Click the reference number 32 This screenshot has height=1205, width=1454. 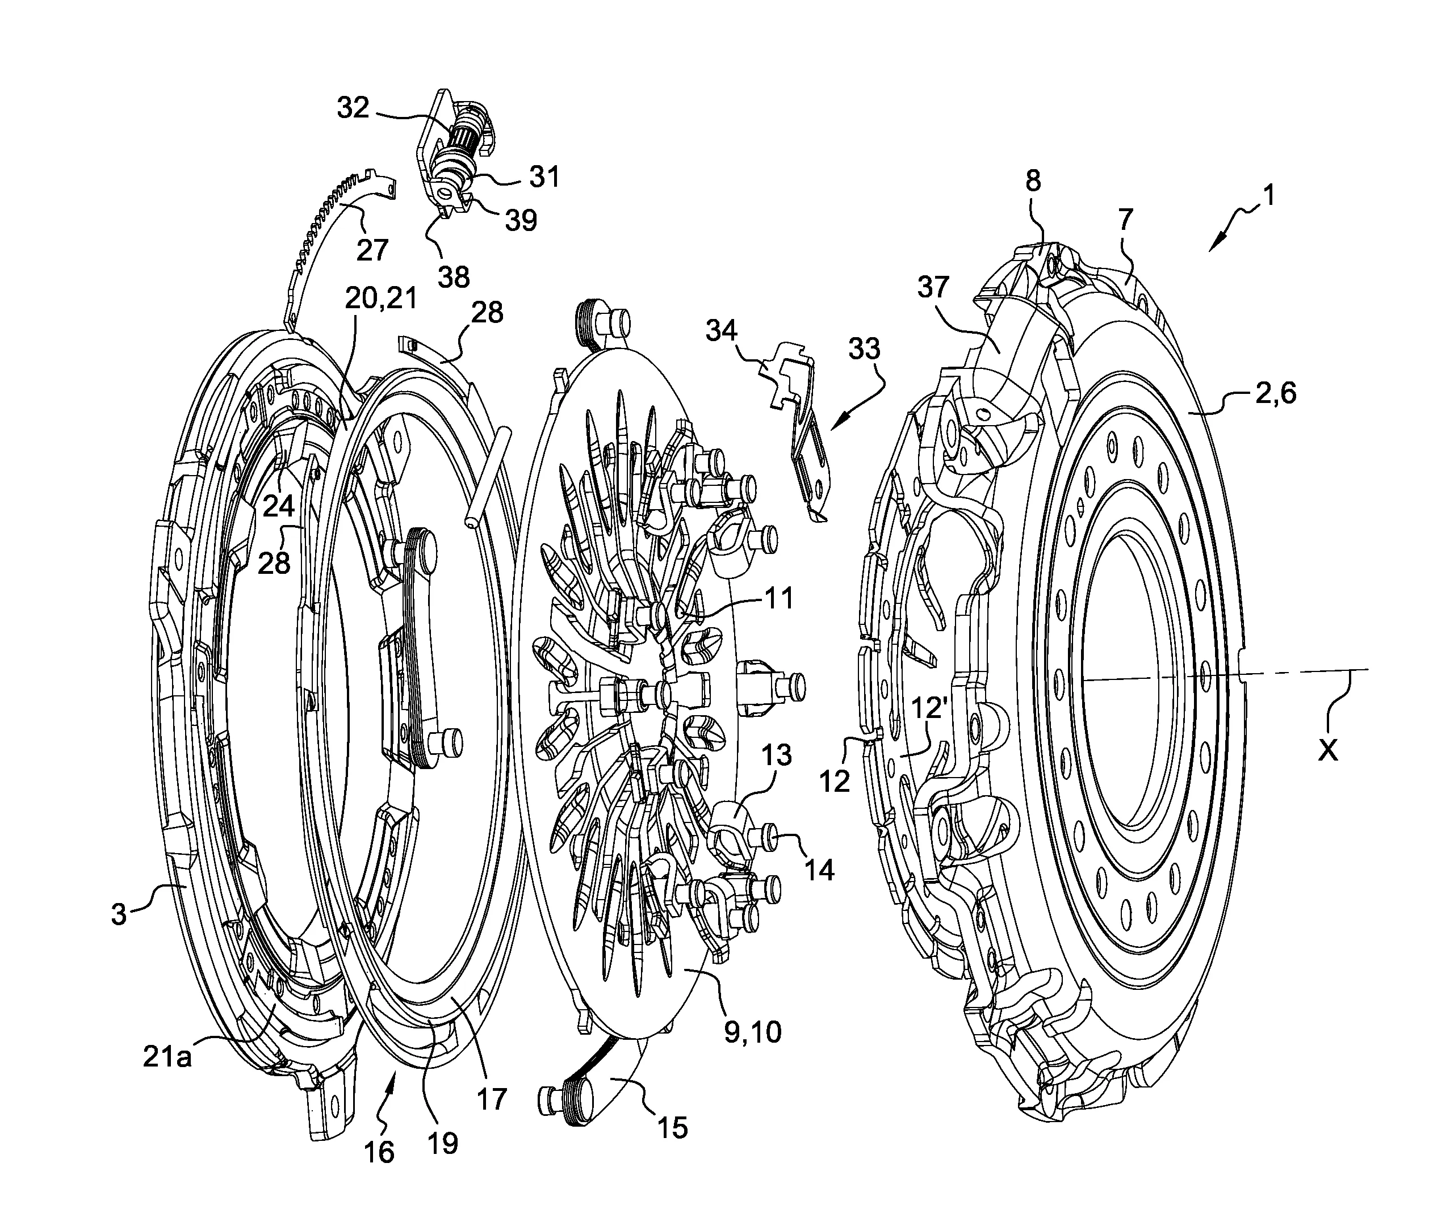click(353, 108)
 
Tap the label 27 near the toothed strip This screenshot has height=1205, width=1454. click(372, 249)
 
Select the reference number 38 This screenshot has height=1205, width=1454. click(454, 277)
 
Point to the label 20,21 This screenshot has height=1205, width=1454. click(382, 299)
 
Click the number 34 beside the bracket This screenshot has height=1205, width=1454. click(721, 331)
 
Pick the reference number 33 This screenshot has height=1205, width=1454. click(864, 350)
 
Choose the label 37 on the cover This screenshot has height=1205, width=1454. click(933, 287)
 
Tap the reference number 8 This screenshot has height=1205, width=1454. click(1032, 181)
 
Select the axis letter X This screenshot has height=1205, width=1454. click(1327, 750)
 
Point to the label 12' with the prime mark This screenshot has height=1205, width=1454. click(928, 709)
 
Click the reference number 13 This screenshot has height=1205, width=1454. click(777, 755)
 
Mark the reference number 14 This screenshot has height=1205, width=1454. click(818, 870)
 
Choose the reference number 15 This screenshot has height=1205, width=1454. click(672, 1127)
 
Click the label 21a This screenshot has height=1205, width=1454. click(167, 1057)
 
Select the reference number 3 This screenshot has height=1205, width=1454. click(119, 914)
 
